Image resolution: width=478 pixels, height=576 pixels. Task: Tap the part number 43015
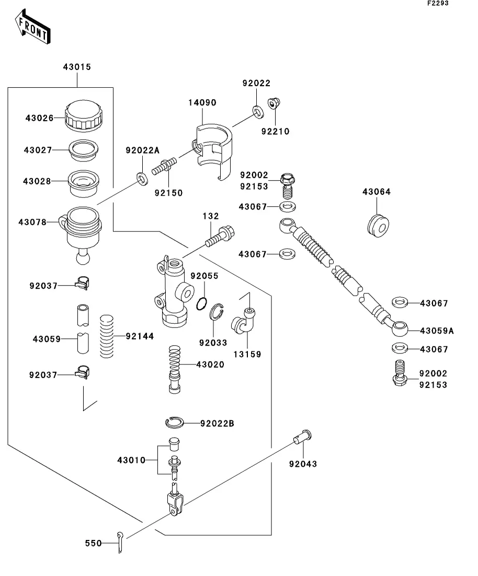(x=77, y=67)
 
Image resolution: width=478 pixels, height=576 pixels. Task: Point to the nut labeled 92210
(x=273, y=104)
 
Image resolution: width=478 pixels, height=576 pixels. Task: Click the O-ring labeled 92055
(x=203, y=304)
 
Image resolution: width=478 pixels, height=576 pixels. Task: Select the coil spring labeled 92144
(x=107, y=337)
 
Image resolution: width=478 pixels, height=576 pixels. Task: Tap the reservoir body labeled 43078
(x=82, y=230)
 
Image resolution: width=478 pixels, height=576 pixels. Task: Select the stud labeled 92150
(x=164, y=169)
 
